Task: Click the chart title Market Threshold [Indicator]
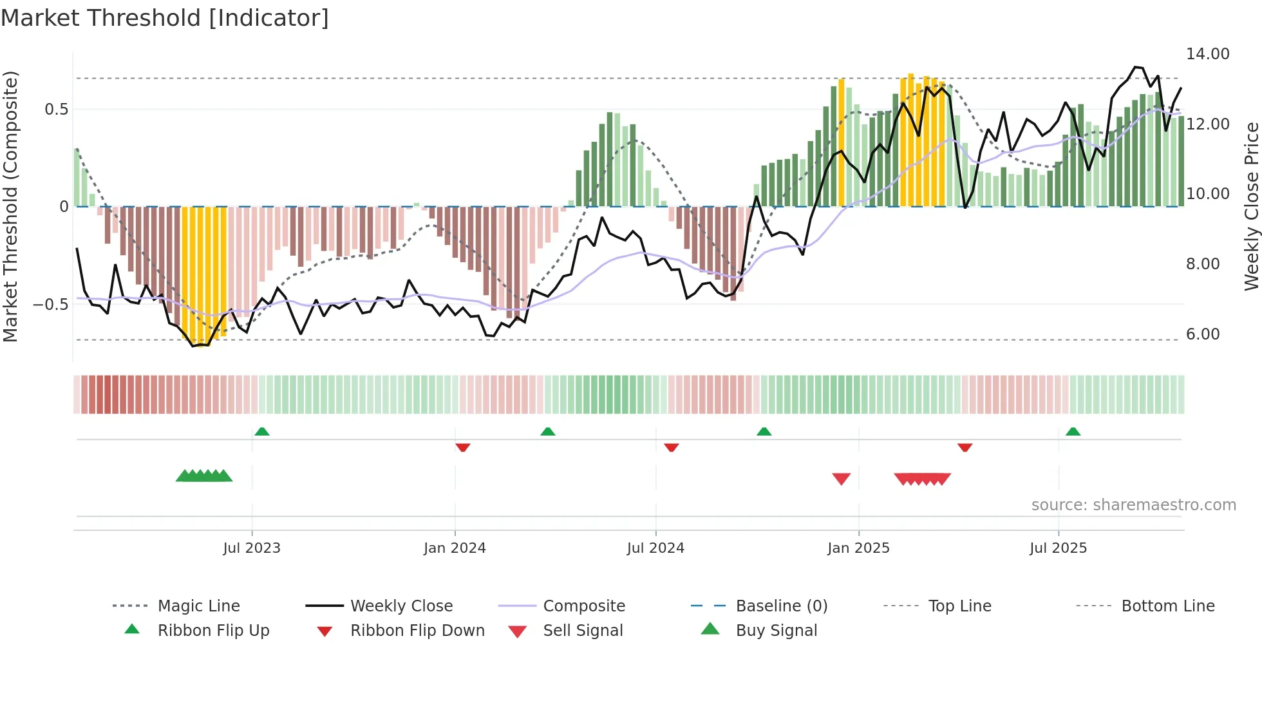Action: point(165,18)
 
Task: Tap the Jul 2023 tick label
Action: point(252,548)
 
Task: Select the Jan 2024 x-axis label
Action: point(455,548)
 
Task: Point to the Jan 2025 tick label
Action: point(858,548)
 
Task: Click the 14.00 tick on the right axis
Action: point(1207,54)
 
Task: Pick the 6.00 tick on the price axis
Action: point(1202,334)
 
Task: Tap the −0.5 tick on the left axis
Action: point(50,304)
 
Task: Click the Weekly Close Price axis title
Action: point(1251,206)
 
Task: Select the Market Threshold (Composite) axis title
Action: point(10,206)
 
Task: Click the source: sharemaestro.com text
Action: point(1133,505)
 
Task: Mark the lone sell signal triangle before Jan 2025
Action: point(841,479)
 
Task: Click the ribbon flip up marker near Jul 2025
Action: point(1073,432)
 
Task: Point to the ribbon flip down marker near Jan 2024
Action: point(462,447)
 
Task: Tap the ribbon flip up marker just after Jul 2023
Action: point(261,432)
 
